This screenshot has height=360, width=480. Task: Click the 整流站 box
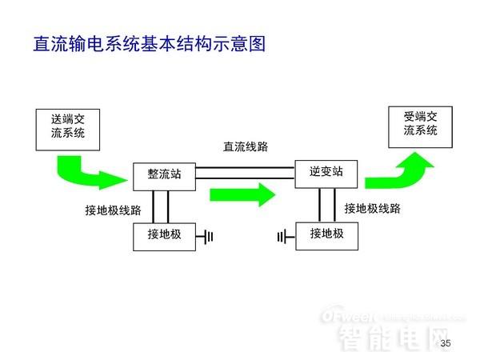pyautogui.click(x=164, y=174)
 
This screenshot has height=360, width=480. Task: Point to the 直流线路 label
pyautogui.click(x=246, y=147)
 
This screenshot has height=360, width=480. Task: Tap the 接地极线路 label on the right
pyautogui.click(x=372, y=209)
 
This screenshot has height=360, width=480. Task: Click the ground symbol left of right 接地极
pyautogui.click(x=282, y=236)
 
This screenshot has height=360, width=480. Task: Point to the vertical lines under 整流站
pyautogui.click(x=163, y=206)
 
